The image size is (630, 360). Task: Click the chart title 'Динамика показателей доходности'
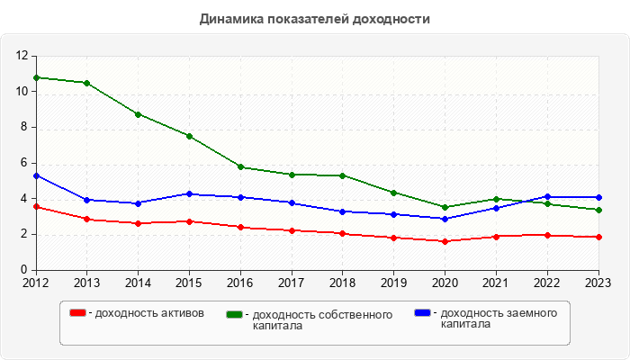coord(315,18)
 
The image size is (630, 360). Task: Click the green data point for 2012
coord(35,77)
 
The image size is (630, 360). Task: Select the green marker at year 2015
coord(189,136)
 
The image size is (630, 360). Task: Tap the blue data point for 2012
coord(35,175)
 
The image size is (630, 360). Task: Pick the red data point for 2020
coord(445,241)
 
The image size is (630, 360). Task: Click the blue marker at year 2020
coord(445,219)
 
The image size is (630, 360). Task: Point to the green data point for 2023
coord(598,210)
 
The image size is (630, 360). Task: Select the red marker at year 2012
coord(35,207)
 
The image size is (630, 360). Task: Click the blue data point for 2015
coord(189,193)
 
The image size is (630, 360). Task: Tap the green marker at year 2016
coord(240,166)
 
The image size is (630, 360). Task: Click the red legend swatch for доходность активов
coord(78,313)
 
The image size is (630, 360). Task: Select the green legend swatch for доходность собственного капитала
coord(234,314)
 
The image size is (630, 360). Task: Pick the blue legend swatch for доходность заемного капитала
coord(421,312)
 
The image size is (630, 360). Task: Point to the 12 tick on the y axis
coord(23,56)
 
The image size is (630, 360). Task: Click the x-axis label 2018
coord(342,283)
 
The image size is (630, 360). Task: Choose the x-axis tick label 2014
coord(138,283)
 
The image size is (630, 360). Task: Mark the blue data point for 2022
coord(547,196)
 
